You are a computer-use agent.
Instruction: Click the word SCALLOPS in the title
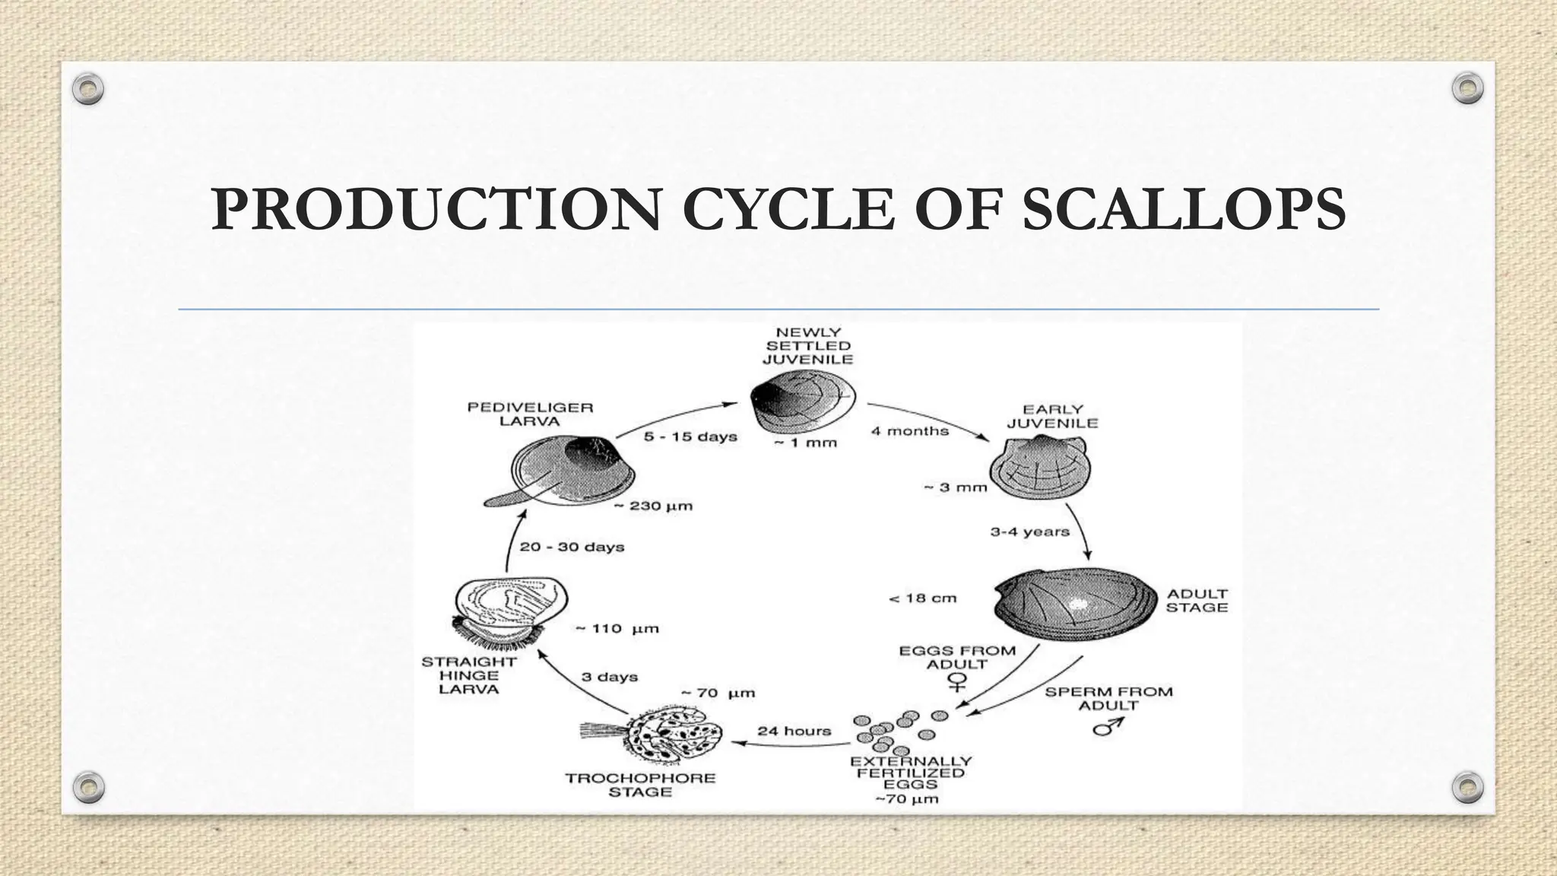(1183, 210)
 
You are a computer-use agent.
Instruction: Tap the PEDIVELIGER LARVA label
(530, 414)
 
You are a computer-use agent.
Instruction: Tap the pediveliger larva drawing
(566, 471)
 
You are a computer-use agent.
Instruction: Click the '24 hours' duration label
(794, 731)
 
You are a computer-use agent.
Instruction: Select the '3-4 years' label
(1029, 532)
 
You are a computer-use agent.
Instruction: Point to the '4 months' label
(909, 431)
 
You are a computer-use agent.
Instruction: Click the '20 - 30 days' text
(572, 547)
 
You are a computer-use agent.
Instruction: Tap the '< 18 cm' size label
(922, 598)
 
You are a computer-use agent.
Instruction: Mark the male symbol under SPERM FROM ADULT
(1107, 728)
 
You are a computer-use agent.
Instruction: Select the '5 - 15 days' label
(690, 437)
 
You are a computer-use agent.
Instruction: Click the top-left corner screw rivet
(88, 89)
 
